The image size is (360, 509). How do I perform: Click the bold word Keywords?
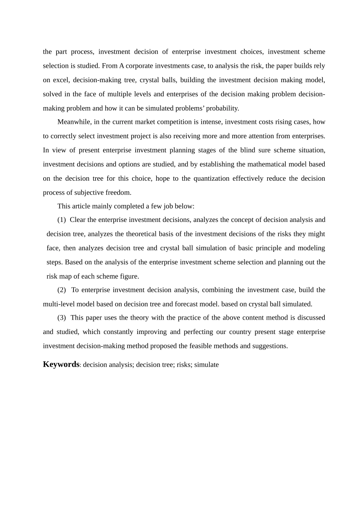coord(61,364)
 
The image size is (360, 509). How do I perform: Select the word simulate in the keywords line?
coord(207,365)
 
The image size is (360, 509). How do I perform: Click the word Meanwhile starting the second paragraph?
coord(74,122)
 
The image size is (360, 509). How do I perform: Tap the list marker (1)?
coord(61,220)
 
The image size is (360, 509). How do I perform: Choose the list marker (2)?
coord(61,290)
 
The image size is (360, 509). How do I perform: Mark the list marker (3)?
coord(61,317)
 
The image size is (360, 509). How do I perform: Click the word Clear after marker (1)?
coord(78,220)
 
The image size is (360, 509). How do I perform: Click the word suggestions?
coord(271,346)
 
